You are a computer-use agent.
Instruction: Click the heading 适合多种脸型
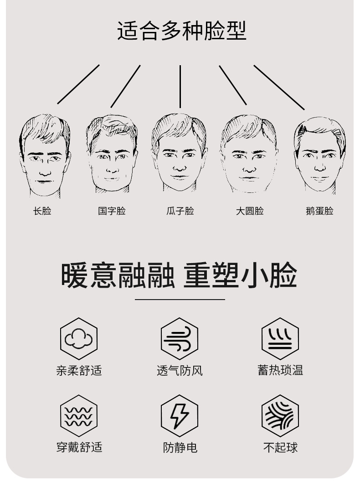click(x=181, y=31)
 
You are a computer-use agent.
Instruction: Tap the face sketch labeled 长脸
click(x=44, y=155)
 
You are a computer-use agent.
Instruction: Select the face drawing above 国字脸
click(x=112, y=154)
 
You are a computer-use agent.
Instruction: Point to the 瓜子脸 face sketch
click(x=179, y=153)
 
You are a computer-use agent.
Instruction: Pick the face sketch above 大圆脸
click(x=249, y=154)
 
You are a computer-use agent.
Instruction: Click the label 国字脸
click(x=112, y=211)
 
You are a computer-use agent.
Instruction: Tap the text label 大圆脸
click(x=250, y=211)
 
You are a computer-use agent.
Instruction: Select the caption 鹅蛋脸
click(x=319, y=211)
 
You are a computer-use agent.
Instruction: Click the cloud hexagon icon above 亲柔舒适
click(x=79, y=339)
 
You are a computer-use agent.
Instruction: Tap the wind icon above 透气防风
click(x=180, y=339)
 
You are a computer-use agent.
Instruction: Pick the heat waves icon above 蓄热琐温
click(x=280, y=339)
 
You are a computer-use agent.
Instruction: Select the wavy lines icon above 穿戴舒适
click(x=79, y=416)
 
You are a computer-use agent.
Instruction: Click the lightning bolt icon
click(x=180, y=416)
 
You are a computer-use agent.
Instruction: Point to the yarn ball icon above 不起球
click(x=280, y=416)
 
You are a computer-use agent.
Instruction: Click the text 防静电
click(x=180, y=447)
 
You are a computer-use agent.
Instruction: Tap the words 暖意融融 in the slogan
click(x=118, y=275)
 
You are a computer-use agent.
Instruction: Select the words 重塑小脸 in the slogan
click(x=240, y=275)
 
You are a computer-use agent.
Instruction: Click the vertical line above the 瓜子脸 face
click(x=180, y=86)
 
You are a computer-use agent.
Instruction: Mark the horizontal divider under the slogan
click(x=180, y=300)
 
